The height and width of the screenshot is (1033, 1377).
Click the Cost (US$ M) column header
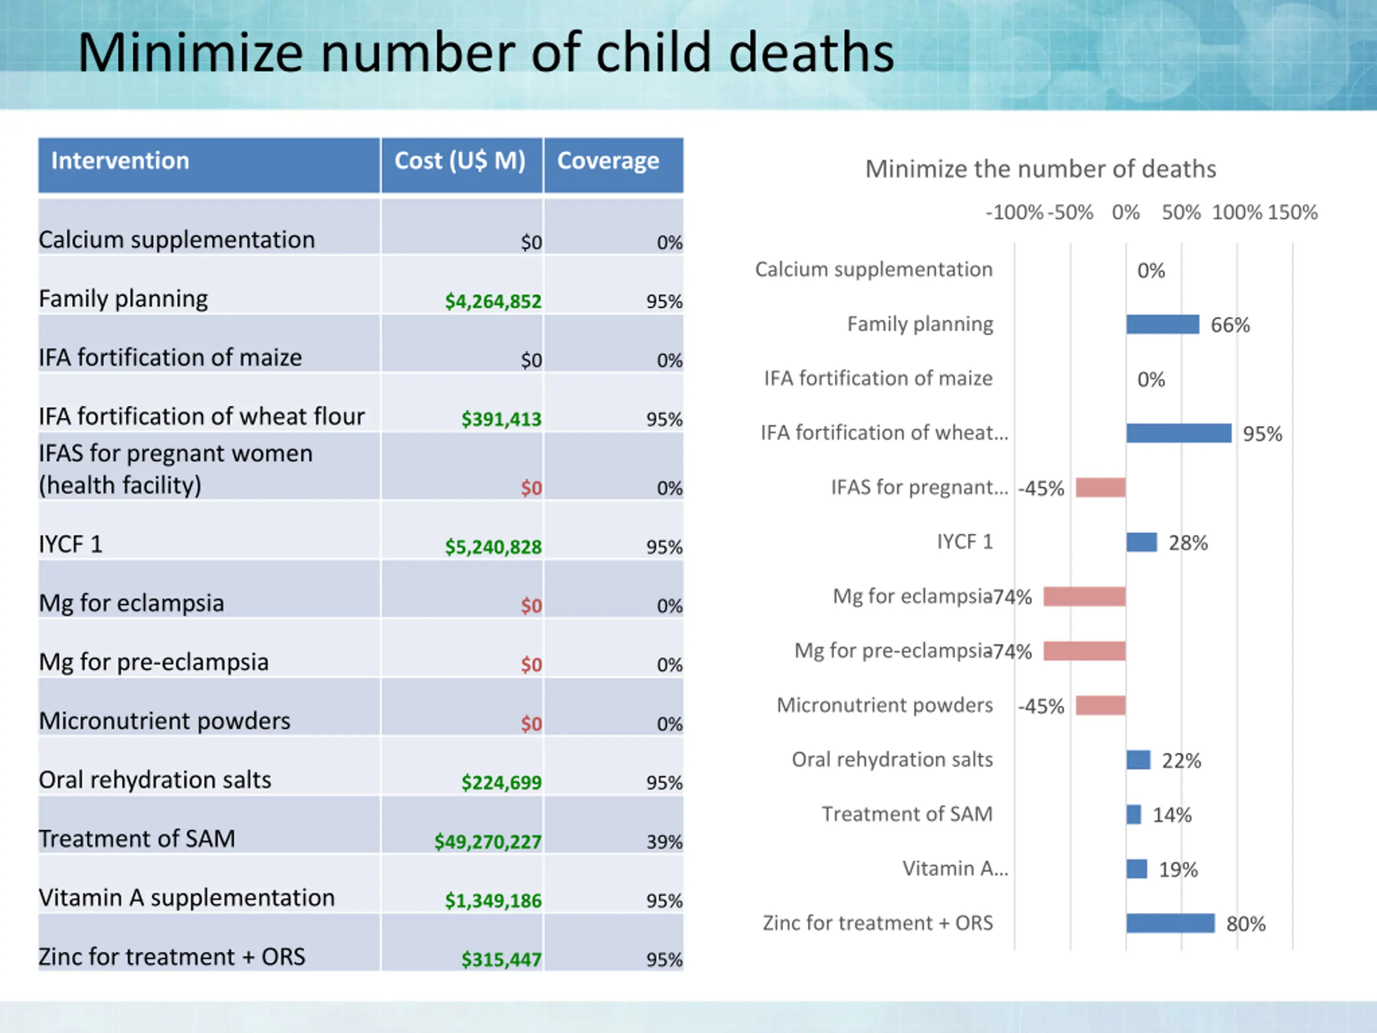tap(460, 161)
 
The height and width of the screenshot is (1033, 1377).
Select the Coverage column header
tap(608, 161)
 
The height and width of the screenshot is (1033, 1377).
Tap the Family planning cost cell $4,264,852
tap(493, 301)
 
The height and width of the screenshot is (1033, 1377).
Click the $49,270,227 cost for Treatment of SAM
tap(488, 842)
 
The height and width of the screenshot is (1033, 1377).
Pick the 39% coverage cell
tap(664, 842)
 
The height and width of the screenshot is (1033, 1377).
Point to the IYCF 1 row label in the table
tap(70, 544)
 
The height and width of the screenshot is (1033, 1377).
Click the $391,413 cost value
tap(501, 419)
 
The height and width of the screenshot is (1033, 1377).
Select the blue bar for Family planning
tap(1162, 324)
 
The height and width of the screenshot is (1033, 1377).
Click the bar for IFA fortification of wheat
tap(1179, 433)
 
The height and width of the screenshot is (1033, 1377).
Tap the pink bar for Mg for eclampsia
tap(1084, 597)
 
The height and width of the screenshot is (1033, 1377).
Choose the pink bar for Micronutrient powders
tap(1101, 705)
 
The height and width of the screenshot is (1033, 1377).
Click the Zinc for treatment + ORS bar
tap(1170, 923)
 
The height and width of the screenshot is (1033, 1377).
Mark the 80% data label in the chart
tap(1246, 924)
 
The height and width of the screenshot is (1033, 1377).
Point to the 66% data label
tap(1230, 325)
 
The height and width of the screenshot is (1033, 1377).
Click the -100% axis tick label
tap(1014, 213)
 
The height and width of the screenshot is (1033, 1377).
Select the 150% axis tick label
tap(1293, 213)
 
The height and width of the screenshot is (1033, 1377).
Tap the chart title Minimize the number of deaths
tap(1040, 169)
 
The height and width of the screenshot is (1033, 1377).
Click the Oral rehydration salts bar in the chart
tap(1138, 760)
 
